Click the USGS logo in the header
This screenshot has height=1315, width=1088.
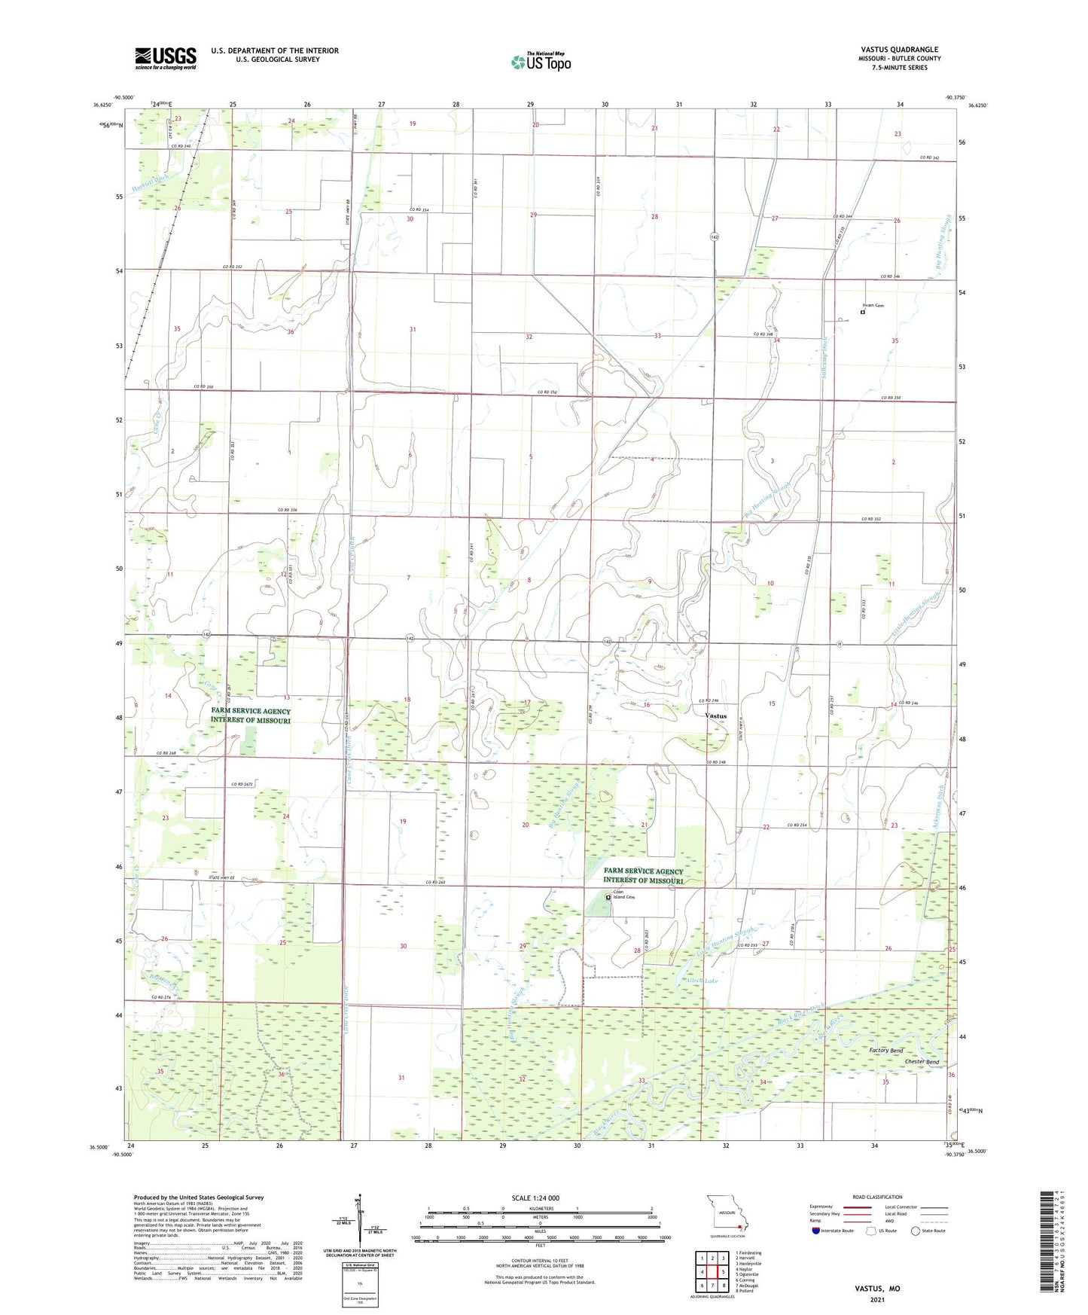166,57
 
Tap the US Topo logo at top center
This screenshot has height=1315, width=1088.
540,62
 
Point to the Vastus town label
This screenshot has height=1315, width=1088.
715,715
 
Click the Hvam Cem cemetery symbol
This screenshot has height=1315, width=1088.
862,312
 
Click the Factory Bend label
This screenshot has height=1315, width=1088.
885,1050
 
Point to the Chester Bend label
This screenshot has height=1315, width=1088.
922,1062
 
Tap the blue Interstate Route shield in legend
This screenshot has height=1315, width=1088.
817,1231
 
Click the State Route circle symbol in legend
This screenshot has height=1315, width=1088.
916,1231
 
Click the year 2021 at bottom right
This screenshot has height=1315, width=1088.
877,1300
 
